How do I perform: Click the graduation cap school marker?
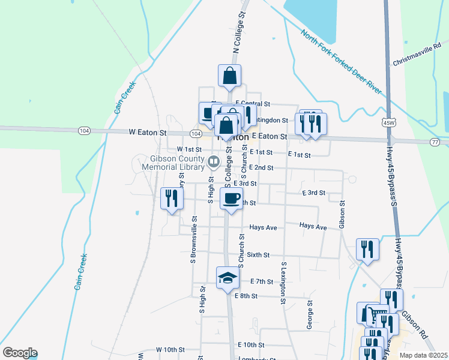[228, 277]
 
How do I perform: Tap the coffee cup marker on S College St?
[232, 198]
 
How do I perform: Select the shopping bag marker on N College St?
[229, 76]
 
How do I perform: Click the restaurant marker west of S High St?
[172, 198]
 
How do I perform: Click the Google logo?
[20, 353]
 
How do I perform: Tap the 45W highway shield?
[388, 122]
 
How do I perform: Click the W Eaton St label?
[147, 132]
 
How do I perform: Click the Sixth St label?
[258, 255]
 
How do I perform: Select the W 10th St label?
[170, 349]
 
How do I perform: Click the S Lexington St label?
[283, 282]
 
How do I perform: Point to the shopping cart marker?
[377, 315]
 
